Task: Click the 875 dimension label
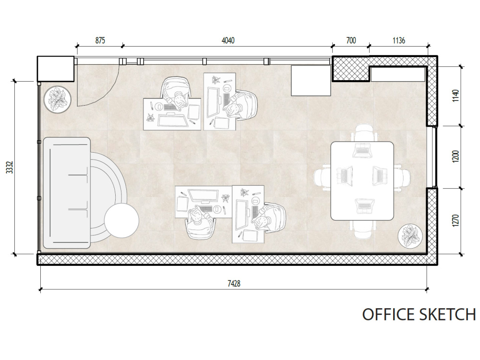pyautogui.click(x=100, y=40)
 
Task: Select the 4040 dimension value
pyautogui.click(x=228, y=40)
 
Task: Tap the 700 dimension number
pyautogui.click(x=351, y=40)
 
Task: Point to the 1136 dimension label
pyautogui.click(x=398, y=40)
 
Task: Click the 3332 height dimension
pyautogui.click(x=10, y=168)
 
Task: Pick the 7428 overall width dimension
pyautogui.click(x=234, y=284)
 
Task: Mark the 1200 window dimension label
pyautogui.click(x=456, y=157)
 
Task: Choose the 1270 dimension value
pyautogui.click(x=456, y=221)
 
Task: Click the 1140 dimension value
pyautogui.click(x=456, y=96)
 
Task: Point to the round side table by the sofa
pyautogui.click(x=121, y=220)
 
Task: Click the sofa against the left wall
pyautogui.click(x=67, y=193)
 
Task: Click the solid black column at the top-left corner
pyautogui.click(x=56, y=69)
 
